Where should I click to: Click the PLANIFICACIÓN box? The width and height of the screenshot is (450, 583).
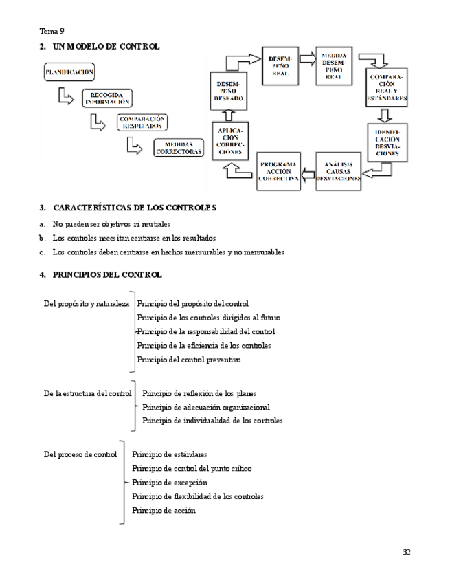[69, 71]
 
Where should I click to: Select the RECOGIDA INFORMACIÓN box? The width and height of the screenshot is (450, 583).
[107, 98]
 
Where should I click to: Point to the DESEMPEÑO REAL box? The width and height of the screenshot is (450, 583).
[280, 66]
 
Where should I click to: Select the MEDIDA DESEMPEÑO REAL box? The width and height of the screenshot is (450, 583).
[334, 67]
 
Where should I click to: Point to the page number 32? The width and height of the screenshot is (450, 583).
[406, 552]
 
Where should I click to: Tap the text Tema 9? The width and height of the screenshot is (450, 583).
[52, 31]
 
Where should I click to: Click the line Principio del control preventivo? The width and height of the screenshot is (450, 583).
[189, 360]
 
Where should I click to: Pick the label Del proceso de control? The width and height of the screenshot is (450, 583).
[80, 454]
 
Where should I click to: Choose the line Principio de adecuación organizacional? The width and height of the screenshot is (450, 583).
[205, 407]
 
